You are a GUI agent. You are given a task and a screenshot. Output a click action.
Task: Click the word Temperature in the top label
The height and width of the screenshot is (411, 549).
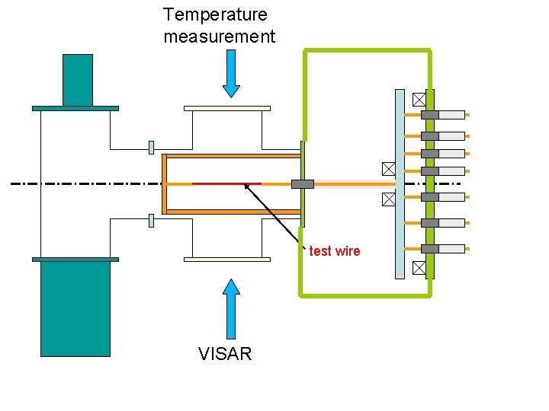215,14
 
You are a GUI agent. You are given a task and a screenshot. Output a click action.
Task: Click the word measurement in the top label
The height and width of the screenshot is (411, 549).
219,37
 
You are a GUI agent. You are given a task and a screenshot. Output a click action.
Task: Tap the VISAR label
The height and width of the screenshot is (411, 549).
225,354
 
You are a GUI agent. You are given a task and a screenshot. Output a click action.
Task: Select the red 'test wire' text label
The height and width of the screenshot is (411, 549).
335,251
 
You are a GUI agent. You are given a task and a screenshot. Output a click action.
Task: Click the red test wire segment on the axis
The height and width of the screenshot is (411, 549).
226,183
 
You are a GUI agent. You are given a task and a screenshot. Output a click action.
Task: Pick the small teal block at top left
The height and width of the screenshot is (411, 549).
78,80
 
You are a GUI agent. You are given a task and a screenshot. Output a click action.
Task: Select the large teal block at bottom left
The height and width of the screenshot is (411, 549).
75,308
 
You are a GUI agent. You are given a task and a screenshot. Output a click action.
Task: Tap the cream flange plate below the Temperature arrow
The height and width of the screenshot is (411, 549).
227,108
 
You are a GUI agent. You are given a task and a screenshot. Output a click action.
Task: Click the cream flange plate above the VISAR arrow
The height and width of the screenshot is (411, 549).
227,259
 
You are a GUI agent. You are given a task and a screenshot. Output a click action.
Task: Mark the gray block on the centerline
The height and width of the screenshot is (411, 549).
303,183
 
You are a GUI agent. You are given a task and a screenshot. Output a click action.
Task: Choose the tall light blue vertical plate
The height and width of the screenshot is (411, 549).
400,183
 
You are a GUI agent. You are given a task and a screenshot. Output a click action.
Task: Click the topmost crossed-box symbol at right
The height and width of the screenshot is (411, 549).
419,99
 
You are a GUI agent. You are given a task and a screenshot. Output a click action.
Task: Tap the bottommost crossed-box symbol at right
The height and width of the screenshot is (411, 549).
419,267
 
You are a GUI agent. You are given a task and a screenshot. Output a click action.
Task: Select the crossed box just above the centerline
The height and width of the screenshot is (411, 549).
388,168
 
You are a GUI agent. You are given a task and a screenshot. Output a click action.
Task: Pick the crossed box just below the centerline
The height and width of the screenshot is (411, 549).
388,199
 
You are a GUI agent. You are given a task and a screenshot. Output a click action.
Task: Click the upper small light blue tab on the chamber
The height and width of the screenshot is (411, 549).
152,147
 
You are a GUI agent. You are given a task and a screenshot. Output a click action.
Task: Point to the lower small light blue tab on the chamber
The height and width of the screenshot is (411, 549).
152,221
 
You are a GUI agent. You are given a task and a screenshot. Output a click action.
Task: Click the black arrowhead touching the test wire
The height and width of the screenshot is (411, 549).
246,186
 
